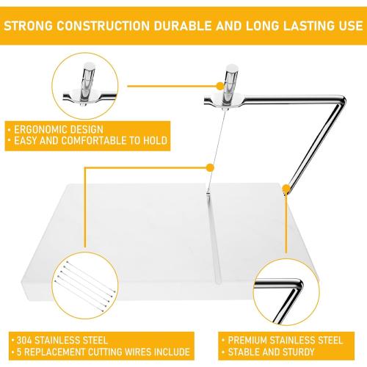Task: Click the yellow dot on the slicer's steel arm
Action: pyautogui.click(x=284, y=190)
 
